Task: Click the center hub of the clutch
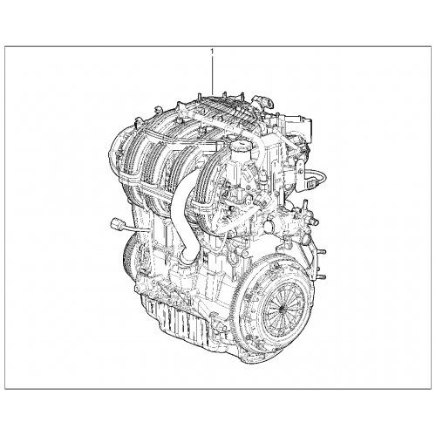281,309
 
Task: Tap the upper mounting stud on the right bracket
322,252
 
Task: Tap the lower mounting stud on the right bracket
322,276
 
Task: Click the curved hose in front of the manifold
184,216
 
